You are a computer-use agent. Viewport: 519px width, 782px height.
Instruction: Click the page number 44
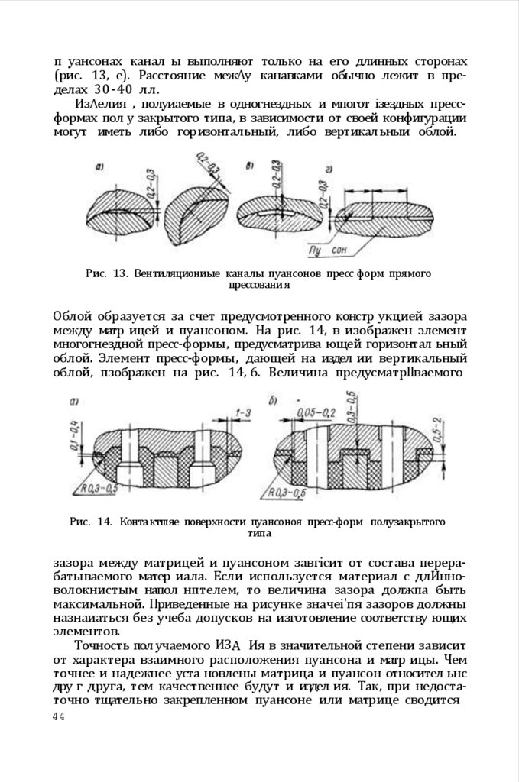coord(59,716)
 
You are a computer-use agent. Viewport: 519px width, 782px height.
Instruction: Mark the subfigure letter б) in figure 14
coord(274,399)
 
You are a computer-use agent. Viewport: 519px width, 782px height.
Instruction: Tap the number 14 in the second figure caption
coord(105,522)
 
